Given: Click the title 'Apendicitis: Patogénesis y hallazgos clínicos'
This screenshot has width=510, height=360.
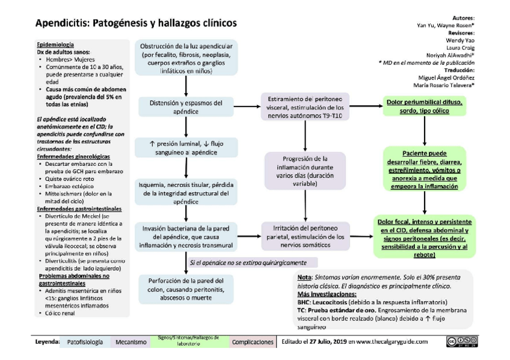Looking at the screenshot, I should tap(136, 23).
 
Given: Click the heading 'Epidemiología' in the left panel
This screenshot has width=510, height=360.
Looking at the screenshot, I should tap(55, 44).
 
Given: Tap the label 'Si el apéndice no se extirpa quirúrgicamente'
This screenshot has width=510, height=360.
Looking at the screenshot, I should tap(248, 263).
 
